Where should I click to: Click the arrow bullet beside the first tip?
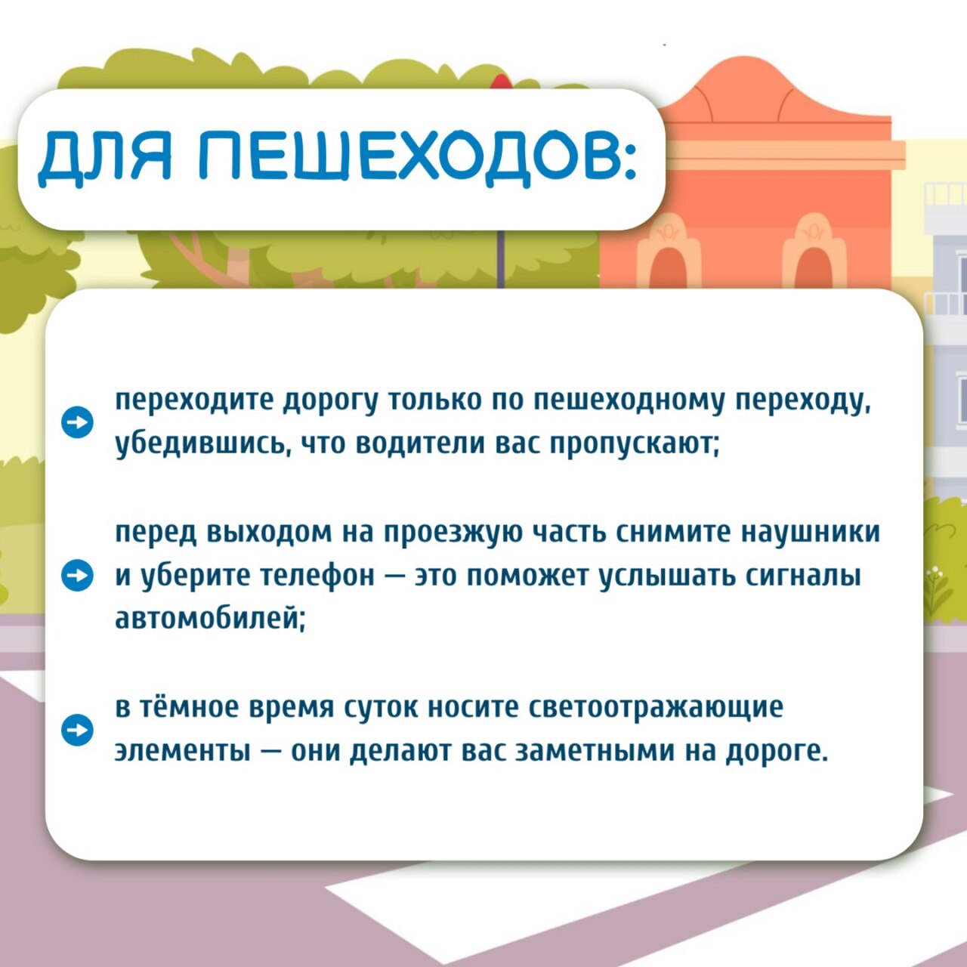77,422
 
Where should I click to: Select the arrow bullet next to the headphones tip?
77,576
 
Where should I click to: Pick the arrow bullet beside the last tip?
77,730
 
